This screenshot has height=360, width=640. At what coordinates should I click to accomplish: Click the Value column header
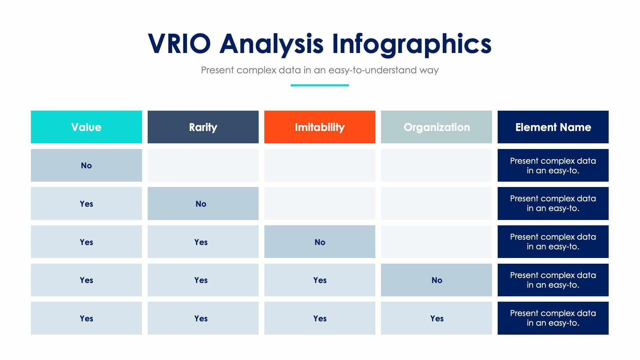(x=86, y=127)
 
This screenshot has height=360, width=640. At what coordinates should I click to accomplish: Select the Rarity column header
(x=203, y=127)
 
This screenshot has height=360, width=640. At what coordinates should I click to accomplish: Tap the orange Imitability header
(x=320, y=127)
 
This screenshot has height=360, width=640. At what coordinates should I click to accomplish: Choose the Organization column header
(x=436, y=127)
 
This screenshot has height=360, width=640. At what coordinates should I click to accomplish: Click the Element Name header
(x=553, y=127)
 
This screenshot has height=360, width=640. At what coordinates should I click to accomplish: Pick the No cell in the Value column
(x=86, y=165)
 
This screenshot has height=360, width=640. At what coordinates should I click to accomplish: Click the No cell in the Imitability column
(x=320, y=242)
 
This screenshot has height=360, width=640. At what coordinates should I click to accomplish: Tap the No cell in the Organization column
(x=436, y=280)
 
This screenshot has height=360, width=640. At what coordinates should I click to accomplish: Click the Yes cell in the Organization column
(x=436, y=318)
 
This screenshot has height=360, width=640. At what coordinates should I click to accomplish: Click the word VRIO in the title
(x=179, y=44)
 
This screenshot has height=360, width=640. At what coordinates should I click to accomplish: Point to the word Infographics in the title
(x=411, y=44)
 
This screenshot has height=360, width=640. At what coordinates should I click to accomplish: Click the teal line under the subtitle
(x=320, y=85)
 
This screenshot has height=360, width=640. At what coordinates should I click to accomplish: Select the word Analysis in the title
(x=271, y=44)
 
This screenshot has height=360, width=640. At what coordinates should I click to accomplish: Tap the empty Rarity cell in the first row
(x=203, y=165)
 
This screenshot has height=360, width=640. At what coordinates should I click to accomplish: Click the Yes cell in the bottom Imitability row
(x=320, y=318)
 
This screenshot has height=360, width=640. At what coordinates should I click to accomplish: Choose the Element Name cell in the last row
(x=553, y=318)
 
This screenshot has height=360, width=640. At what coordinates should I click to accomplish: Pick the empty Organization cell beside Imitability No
(x=436, y=242)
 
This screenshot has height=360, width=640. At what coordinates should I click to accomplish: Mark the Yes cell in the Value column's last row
(x=86, y=318)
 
